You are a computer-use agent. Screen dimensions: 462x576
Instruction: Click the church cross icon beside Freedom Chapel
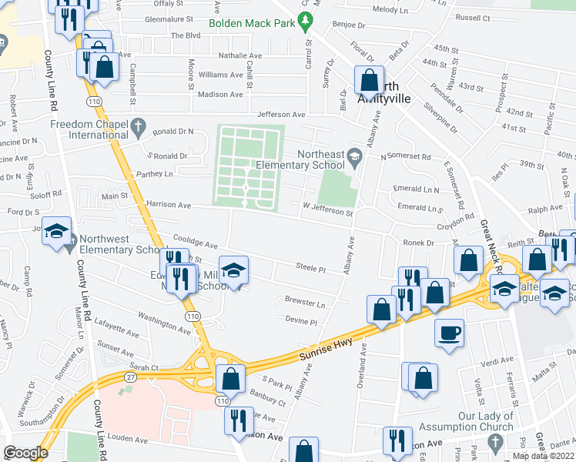pyautogui.click(x=139, y=125)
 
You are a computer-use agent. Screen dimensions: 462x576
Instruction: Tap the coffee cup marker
pyautogui.click(x=450, y=332)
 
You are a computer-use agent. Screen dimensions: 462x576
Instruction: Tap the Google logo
pyautogui.click(x=25, y=452)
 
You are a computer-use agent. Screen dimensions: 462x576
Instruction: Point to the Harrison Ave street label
pyautogui.click(x=169, y=206)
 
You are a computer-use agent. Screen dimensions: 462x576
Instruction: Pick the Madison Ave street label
pyautogui.click(x=220, y=94)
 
